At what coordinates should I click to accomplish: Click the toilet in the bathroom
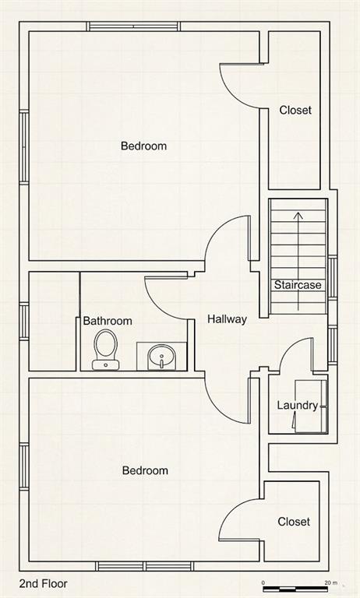[x=106, y=350]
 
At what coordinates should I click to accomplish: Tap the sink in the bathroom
[x=161, y=357]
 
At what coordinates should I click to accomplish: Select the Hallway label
[x=228, y=319]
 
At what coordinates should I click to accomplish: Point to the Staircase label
[x=298, y=285]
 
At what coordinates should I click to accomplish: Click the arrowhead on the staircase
[x=298, y=216]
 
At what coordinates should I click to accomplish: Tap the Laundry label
[x=298, y=406]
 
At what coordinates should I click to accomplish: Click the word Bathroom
[x=108, y=321]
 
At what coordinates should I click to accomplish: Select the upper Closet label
[x=295, y=111]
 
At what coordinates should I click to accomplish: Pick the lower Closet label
[x=294, y=522]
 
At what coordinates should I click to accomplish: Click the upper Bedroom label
[x=143, y=146]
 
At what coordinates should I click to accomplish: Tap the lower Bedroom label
[x=145, y=470]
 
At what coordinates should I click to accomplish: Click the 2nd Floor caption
[x=44, y=583]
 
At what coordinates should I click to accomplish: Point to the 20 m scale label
[x=331, y=582]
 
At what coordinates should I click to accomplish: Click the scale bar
[x=295, y=589]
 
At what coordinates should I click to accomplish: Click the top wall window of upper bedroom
[x=133, y=26]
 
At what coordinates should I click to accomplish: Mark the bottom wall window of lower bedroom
[x=144, y=566]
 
